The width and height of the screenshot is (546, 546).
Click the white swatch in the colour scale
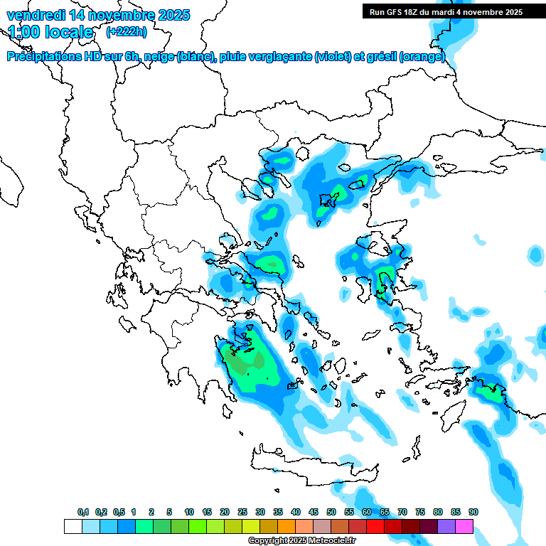coord(73,527)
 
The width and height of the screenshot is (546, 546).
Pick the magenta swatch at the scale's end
coord(464,527)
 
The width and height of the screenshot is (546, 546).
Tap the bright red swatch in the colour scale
coord(375,527)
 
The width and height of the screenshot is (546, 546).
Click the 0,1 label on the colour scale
coord(83,512)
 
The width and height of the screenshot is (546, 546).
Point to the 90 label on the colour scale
coord(473,512)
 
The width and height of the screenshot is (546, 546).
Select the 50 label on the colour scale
coord(331,512)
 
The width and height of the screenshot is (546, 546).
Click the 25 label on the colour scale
coord(242,512)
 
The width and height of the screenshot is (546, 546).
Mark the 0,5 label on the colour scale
coord(119,512)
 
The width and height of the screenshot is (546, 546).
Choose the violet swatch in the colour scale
coord(446,527)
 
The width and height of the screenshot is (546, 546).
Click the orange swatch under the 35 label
coord(287,527)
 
